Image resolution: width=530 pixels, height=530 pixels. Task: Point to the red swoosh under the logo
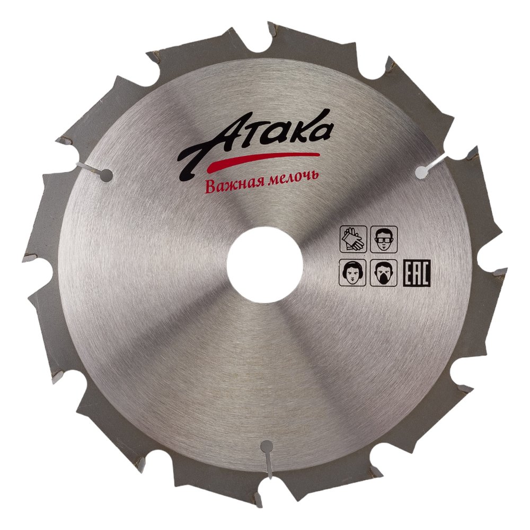pyautogui.click(x=263, y=161)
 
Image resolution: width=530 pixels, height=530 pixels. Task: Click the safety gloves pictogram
pyautogui.click(x=353, y=239)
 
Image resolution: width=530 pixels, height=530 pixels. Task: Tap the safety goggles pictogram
pyautogui.click(x=384, y=239)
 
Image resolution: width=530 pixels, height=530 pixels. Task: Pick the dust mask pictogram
pyautogui.click(x=384, y=273)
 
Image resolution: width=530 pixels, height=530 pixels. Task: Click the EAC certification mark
pyautogui.click(x=417, y=273)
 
